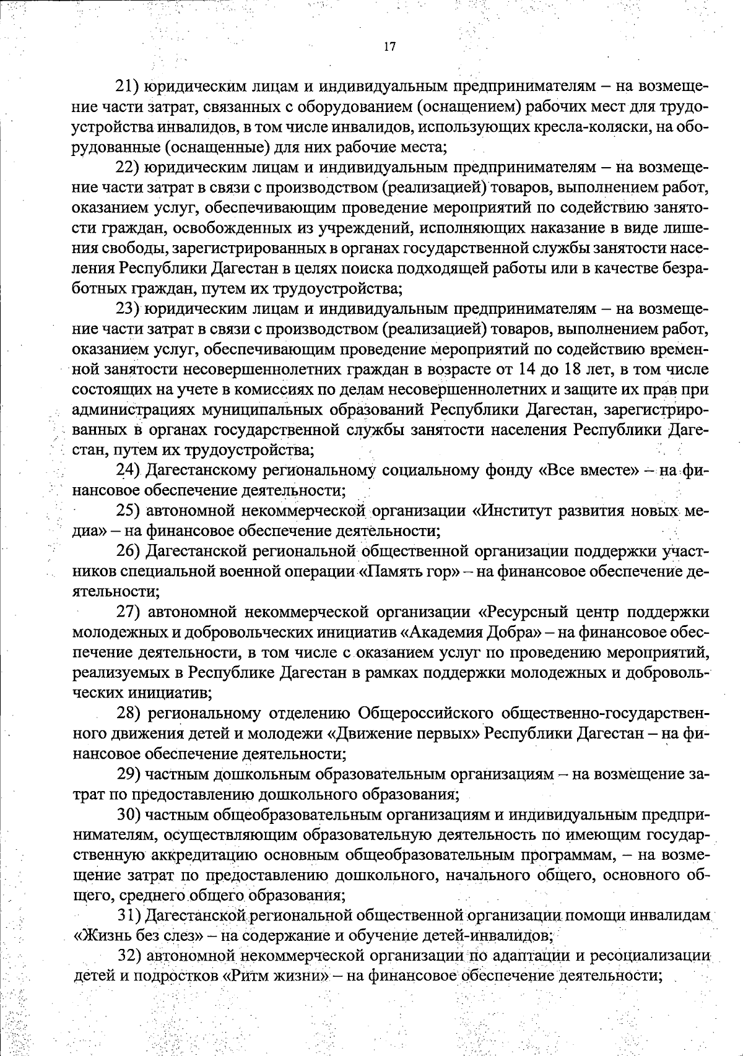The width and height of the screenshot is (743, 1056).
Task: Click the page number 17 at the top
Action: [389, 47]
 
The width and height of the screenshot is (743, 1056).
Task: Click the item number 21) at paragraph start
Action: [131, 87]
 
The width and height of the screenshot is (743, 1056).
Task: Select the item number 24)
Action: [131, 471]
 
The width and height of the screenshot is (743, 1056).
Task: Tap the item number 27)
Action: [131, 613]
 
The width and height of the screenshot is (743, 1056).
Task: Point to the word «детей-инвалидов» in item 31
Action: [485, 936]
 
